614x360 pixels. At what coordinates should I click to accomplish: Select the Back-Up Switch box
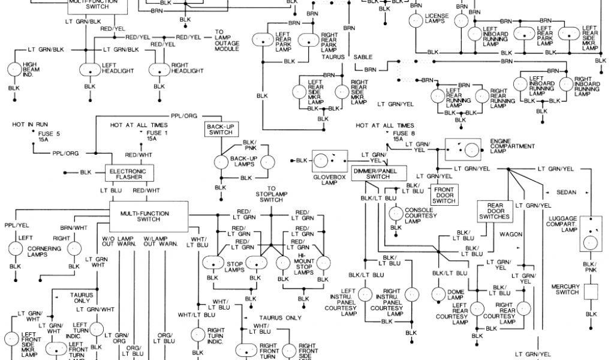220,129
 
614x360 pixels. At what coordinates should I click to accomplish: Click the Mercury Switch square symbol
591,291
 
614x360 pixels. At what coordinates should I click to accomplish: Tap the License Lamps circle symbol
415,20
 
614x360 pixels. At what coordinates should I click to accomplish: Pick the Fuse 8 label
398,133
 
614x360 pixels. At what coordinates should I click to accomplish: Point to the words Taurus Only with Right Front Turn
281,317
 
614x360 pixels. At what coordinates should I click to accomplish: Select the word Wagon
511,233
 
